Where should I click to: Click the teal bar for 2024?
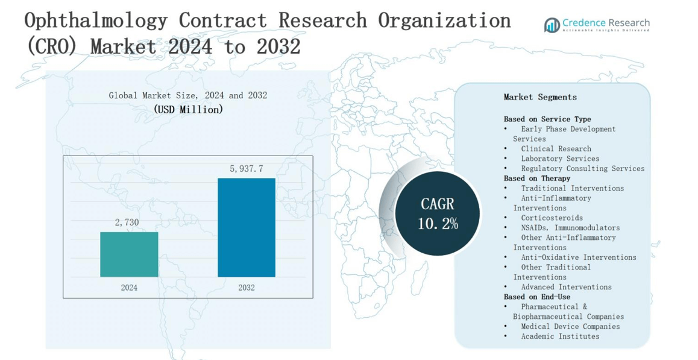[x=129, y=254]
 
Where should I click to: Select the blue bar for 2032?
[x=246, y=227]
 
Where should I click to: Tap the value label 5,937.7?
[x=246, y=169]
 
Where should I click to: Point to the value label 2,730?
[x=127, y=223]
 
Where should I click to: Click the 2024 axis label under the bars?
[x=129, y=288]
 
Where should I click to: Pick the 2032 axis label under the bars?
[x=246, y=288]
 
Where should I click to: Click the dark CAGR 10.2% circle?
[x=438, y=213]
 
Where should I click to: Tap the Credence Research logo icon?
[x=552, y=25]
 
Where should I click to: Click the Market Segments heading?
[x=540, y=97]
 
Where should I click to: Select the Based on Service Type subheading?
[x=547, y=119]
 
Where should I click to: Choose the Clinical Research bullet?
[x=556, y=149]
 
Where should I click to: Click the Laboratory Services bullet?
[x=560, y=159]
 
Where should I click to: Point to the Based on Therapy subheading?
[x=536, y=178]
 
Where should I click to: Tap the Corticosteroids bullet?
[x=552, y=218]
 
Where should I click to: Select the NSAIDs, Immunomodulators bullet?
[x=570, y=228]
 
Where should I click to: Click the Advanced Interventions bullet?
[x=566, y=287]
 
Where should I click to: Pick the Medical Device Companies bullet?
[x=570, y=327]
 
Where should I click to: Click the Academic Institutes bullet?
[x=560, y=336]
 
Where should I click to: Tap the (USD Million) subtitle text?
[x=188, y=110]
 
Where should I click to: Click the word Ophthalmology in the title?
[x=96, y=21]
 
